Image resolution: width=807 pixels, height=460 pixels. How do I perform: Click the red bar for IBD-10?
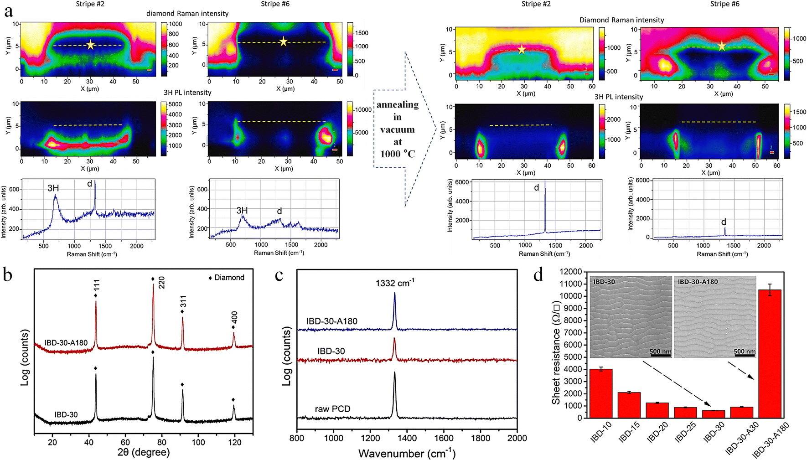coord(601,393)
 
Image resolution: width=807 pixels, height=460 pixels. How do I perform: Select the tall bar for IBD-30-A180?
coord(770,353)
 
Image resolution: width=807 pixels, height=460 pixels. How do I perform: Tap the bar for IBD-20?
coord(657,410)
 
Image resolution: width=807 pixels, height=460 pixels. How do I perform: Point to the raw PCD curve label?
coord(332,409)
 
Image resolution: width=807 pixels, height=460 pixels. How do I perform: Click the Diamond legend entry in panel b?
coord(227,278)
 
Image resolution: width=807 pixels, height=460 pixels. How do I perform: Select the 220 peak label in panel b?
coord(161,283)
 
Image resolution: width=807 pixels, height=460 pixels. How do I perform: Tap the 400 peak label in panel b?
coord(234,317)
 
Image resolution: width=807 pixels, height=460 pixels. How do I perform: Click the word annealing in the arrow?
coord(397,104)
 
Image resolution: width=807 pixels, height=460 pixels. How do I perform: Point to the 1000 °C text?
coord(397,154)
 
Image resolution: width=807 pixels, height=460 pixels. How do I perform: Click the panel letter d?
coord(538,275)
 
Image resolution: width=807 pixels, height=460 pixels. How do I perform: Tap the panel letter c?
coord(279,275)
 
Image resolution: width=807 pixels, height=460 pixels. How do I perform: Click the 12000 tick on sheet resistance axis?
coord(570,272)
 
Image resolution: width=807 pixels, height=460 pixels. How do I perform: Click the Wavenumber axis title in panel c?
coord(407,453)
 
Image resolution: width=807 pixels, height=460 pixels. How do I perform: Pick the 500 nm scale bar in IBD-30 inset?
coord(660,352)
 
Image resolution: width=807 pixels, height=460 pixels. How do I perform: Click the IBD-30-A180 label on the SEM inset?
coord(698,282)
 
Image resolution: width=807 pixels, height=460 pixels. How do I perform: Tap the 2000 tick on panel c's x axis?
coord(517,438)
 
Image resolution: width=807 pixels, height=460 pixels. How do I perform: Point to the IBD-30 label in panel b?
coord(66,414)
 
